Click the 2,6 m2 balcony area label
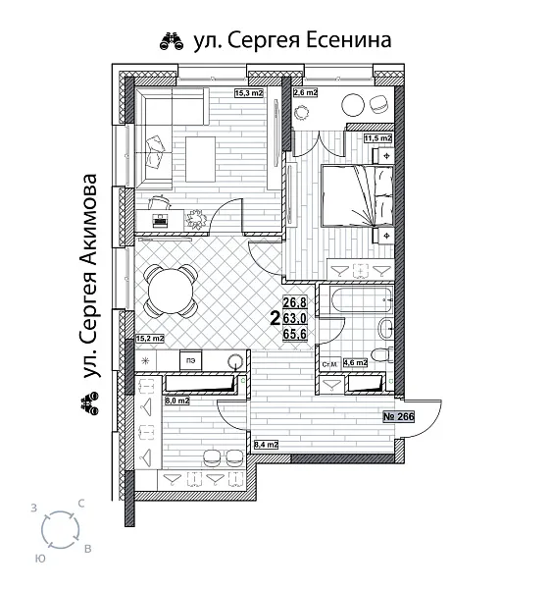coord(305,94)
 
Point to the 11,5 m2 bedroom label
coord(378,139)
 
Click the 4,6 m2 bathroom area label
coord(353,363)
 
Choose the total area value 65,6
coord(295,333)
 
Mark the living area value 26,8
coord(295,302)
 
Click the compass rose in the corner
coord(62,530)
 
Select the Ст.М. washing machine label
coord(329,364)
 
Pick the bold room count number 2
coord(274,317)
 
